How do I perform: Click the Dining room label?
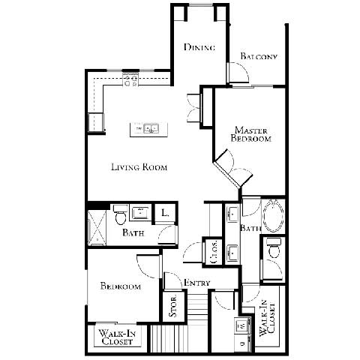coord(199,47)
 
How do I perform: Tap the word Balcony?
coord(259,57)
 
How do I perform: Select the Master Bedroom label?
coord(251,133)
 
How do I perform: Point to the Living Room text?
coord(139,167)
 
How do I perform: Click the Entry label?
coord(196,283)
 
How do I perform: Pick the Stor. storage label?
coord(172,310)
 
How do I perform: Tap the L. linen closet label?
coord(165,213)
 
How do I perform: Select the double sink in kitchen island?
coord(149,130)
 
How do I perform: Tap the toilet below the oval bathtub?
coord(273,252)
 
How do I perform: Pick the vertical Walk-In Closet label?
coord(265,319)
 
